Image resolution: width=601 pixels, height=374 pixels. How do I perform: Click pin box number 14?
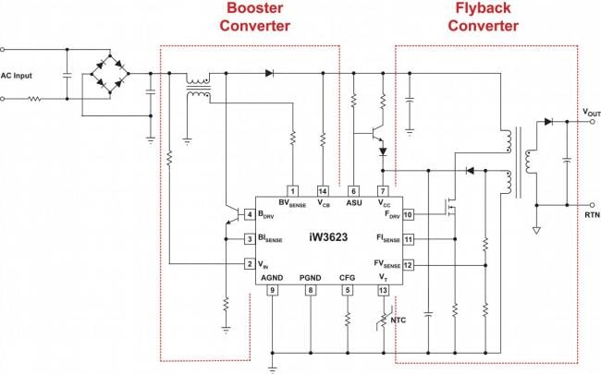click(323, 190)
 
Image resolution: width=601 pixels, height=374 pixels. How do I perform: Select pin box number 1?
click(293, 190)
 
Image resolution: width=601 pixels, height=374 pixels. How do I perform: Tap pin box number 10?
click(408, 214)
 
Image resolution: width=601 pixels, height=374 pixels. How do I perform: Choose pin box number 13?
click(383, 290)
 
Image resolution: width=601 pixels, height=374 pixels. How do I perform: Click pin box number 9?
click(272, 290)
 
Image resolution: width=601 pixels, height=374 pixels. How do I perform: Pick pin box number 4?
click(250, 214)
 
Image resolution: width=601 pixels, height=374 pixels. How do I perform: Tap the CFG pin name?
click(347, 276)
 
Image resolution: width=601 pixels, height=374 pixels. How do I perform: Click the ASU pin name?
click(354, 203)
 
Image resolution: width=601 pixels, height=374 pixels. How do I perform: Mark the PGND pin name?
click(310, 276)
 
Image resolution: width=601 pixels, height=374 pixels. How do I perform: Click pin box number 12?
click(408, 264)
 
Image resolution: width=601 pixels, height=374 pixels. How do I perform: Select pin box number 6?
click(354, 190)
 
